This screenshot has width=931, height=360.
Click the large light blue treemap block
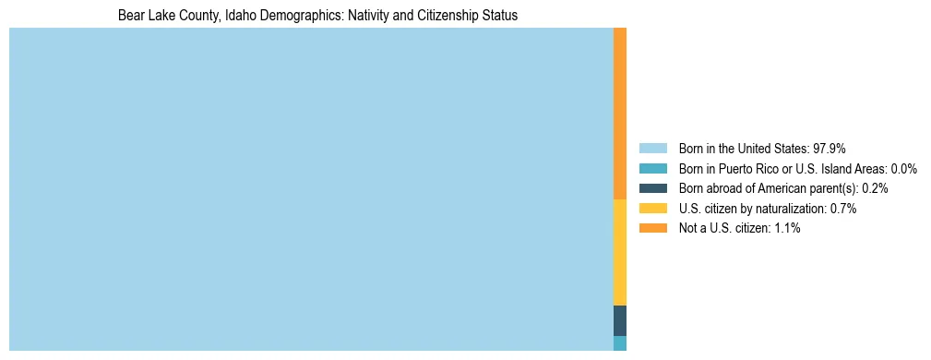click(311, 189)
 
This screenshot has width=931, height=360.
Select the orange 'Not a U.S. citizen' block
click(620, 114)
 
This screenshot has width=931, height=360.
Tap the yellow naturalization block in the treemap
click(620, 252)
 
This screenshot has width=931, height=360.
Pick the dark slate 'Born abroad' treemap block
click(620, 320)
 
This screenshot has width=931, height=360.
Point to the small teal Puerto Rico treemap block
click(620, 343)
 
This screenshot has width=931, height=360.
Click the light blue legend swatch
click(652, 149)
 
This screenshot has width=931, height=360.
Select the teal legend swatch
click(652, 169)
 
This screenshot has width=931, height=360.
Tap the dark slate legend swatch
click(652, 188)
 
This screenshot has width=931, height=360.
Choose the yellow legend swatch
click(652, 209)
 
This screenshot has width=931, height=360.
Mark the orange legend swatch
click(652, 228)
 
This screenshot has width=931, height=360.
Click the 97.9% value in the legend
click(830, 149)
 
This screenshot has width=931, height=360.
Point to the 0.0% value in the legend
click(903, 169)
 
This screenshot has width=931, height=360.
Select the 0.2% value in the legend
click(874, 188)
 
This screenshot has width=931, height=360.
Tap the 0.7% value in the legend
click(842, 209)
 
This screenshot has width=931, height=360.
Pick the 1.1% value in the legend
click(786, 228)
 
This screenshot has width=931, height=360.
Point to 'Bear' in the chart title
click(132, 16)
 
